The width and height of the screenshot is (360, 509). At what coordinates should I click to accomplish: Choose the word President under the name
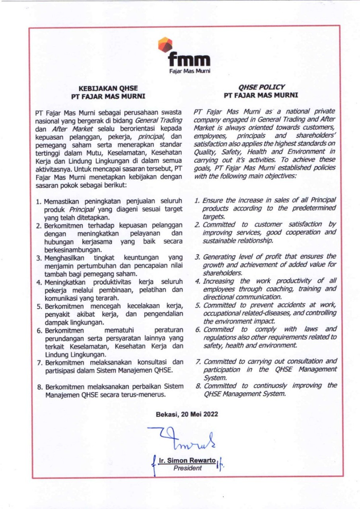[187, 468]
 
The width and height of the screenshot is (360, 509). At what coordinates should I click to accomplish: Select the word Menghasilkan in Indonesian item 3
[65, 258]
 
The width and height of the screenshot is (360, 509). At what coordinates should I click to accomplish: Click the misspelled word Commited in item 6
[218, 329]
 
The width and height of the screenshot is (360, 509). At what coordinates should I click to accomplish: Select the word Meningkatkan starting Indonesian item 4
[66, 283]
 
